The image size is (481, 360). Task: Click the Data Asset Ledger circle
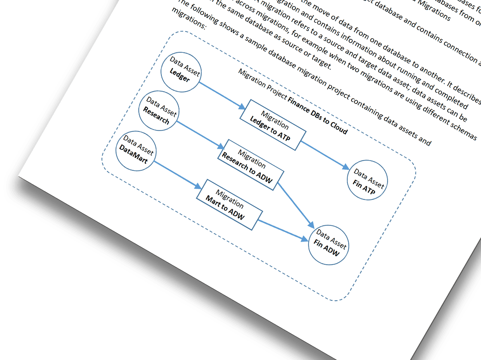(x=180, y=72)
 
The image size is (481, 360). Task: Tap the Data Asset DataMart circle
(x=135, y=152)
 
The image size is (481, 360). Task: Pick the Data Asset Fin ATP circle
(x=367, y=181)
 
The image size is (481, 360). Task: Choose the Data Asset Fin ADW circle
(x=328, y=245)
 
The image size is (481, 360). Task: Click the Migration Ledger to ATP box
(x=272, y=124)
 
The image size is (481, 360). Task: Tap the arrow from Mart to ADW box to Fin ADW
(x=282, y=230)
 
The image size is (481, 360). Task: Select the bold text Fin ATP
(x=364, y=186)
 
